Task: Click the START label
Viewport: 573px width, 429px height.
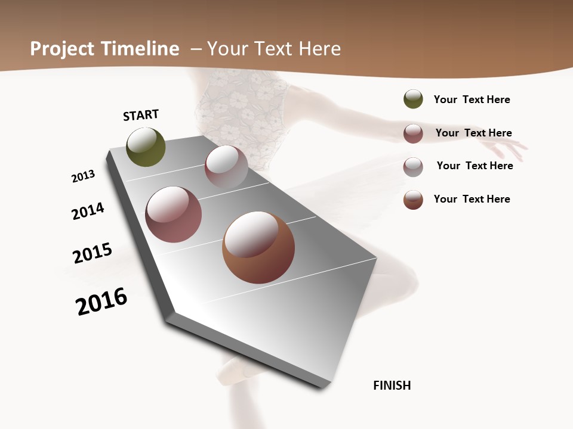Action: tap(141, 114)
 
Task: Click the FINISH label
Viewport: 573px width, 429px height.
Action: tap(392, 386)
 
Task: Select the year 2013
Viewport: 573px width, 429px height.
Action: tap(83, 176)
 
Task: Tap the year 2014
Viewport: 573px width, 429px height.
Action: tap(88, 211)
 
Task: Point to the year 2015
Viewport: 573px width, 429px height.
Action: tap(93, 253)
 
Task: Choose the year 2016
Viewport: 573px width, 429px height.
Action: tap(101, 301)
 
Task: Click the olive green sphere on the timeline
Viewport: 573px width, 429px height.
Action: tap(146, 147)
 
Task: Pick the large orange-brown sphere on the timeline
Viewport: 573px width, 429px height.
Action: tap(258, 247)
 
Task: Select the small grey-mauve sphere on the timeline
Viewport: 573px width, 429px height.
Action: tap(226, 167)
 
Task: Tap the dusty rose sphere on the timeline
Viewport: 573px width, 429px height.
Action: tap(174, 214)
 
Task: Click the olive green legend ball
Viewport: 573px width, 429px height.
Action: tap(413, 99)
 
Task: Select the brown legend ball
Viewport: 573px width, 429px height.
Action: tap(413, 200)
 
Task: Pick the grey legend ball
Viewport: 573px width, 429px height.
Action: tap(413, 167)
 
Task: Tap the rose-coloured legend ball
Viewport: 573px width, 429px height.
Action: tap(413, 133)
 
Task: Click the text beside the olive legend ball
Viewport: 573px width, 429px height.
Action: tap(472, 100)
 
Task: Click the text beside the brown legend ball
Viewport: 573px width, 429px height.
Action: tap(472, 199)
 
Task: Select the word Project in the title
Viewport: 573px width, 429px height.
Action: tap(63, 49)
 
